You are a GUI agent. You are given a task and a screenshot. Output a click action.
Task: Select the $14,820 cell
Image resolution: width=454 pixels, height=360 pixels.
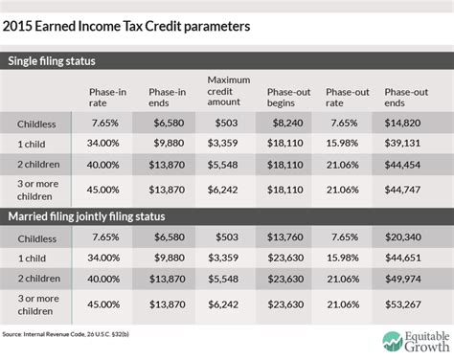pyautogui.click(x=403, y=124)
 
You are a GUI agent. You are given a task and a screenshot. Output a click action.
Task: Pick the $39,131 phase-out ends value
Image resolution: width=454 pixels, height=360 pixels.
pyautogui.click(x=403, y=144)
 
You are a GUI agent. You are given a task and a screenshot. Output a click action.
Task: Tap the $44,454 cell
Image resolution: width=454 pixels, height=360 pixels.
pyautogui.click(x=403, y=164)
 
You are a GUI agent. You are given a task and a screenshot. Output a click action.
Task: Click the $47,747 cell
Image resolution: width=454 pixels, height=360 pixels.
pyautogui.click(x=403, y=189)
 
